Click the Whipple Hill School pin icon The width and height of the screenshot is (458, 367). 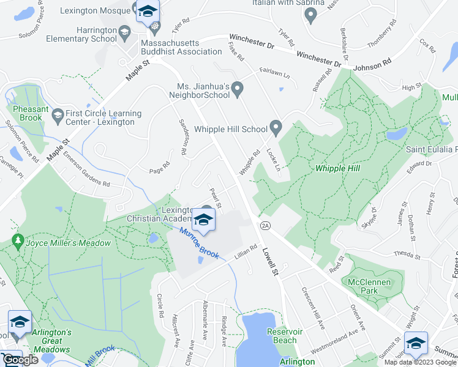pos(276,128)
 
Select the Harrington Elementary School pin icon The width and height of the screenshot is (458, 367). pos(125,32)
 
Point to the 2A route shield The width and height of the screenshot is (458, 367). pos(265,226)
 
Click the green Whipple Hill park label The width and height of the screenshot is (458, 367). pos(337,168)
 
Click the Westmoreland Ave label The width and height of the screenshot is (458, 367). pos(336,338)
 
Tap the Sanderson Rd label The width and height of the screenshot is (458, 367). pos(182,135)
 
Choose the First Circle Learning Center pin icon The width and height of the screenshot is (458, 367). pos(58,114)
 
